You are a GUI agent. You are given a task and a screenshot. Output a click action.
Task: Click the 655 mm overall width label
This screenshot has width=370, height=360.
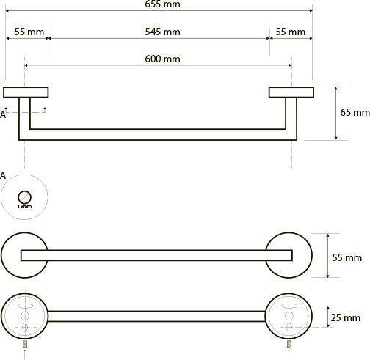click(162, 4)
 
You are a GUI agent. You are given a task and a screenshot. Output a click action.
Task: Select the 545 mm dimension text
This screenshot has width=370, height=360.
click(162, 32)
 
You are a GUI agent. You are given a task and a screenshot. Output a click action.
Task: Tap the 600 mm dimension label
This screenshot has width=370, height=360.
click(162, 59)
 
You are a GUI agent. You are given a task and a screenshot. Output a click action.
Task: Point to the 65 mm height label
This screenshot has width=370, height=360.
click(355, 112)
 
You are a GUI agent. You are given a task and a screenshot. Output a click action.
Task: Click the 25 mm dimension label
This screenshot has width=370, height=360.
click(346, 317)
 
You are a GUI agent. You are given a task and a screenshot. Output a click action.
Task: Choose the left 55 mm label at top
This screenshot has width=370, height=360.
click(29, 32)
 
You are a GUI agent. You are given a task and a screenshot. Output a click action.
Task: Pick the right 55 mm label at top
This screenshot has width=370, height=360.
click(291, 32)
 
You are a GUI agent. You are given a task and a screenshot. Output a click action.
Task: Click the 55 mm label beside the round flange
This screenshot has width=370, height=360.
click(347, 257)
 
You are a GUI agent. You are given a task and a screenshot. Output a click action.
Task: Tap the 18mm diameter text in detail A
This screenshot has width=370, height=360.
click(24, 206)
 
